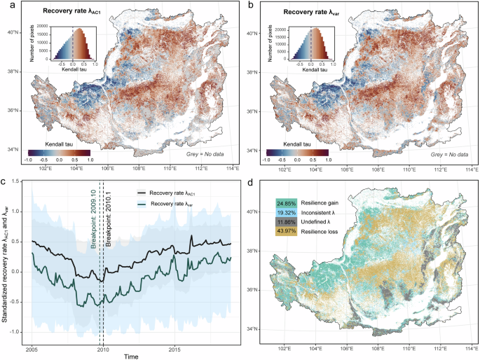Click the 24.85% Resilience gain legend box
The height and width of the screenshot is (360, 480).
(287, 202)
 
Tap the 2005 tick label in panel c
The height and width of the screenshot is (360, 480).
(32, 348)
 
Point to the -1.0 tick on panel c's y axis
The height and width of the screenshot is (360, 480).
(18, 332)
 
